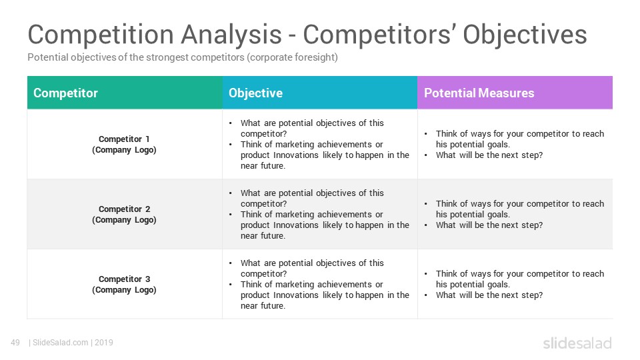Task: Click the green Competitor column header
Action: click(x=125, y=93)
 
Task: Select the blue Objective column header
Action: click(x=320, y=93)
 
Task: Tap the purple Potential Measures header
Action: click(x=515, y=93)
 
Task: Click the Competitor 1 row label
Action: click(x=124, y=145)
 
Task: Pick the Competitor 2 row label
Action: click(x=124, y=214)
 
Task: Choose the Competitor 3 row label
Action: click(x=124, y=285)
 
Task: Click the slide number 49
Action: click(x=15, y=343)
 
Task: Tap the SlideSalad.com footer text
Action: click(x=61, y=343)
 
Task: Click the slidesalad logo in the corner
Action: click(x=577, y=343)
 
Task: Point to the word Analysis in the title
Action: click(x=231, y=35)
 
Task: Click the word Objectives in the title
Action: click(x=525, y=35)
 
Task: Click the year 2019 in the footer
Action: click(x=104, y=343)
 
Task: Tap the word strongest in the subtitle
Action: click(x=167, y=57)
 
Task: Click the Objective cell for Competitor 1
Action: click(x=320, y=144)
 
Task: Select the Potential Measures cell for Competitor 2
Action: click(x=515, y=214)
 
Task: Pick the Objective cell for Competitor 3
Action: click(x=320, y=284)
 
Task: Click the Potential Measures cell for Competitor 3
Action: click(x=515, y=284)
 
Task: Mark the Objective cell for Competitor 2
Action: click(x=320, y=214)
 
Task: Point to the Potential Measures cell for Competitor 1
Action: click(x=515, y=144)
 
